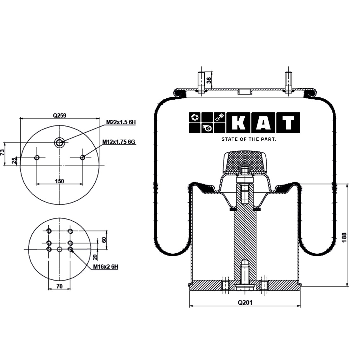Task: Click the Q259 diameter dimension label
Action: [x=59, y=116]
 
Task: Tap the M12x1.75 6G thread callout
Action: [x=119, y=142]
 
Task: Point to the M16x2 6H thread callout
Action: [x=105, y=267]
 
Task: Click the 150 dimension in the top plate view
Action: [x=59, y=181]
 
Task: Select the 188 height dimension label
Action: [x=344, y=237]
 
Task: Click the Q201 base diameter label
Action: [x=245, y=303]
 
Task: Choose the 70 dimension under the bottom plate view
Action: [x=59, y=286]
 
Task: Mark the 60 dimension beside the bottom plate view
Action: [x=103, y=239]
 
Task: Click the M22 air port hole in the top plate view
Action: [x=59, y=143]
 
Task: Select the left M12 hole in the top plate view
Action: [x=37, y=157]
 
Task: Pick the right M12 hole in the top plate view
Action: [x=83, y=157]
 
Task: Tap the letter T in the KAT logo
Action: [x=288, y=123]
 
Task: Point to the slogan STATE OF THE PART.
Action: [x=249, y=139]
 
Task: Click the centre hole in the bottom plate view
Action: [x=59, y=250]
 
